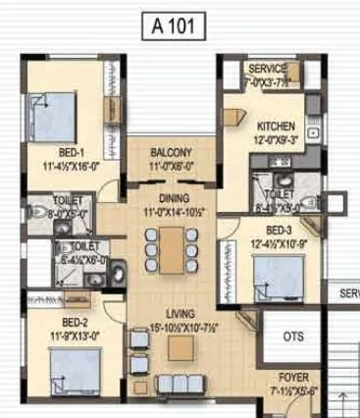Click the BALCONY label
coord(171,154)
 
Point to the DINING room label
coord(170,197)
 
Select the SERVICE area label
coord(267,70)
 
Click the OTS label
coord(293,336)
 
